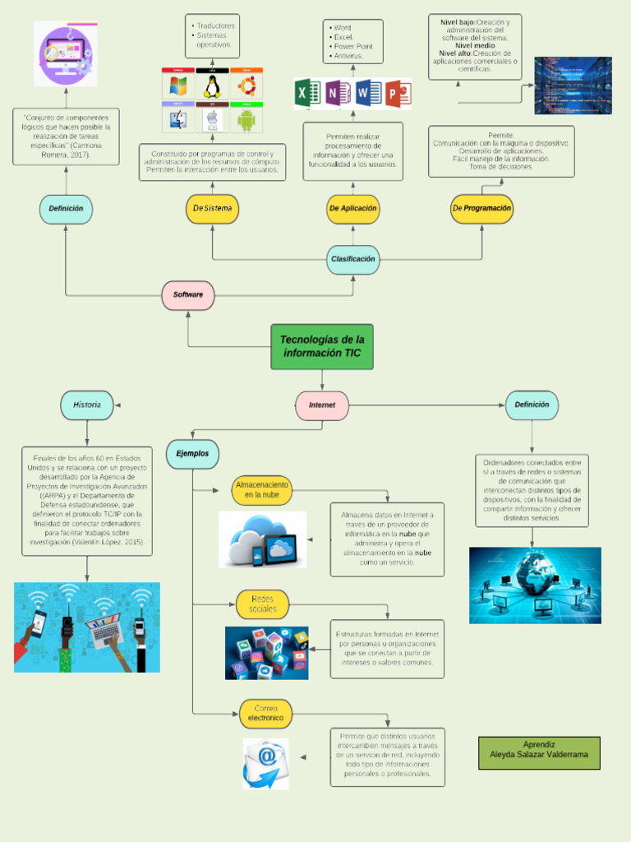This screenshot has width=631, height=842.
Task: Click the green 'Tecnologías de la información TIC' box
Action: [x=322, y=346]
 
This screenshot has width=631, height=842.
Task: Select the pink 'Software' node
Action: [x=188, y=295]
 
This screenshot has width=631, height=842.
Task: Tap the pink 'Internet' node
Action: [x=322, y=405]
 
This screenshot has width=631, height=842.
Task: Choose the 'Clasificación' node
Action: [x=353, y=259]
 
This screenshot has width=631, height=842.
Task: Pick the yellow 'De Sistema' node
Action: [x=213, y=209]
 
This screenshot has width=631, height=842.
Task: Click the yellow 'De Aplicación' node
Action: [x=353, y=209]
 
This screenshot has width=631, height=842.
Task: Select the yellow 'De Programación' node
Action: [x=481, y=209]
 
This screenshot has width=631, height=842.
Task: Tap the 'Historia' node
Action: [x=87, y=405]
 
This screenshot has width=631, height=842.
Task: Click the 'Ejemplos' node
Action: [x=192, y=453]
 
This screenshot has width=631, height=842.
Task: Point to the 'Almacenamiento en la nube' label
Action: [x=262, y=490]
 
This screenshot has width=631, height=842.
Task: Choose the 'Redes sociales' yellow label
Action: [x=262, y=604]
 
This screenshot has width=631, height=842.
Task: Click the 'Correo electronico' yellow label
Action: [x=266, y=713]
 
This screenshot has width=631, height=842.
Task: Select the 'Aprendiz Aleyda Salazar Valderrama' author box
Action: [x=539, y=753]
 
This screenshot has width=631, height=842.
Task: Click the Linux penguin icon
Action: [x=213, y=86]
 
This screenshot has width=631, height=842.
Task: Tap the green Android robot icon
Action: [x=246, y=120]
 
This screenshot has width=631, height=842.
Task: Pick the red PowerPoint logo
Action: [x=398, y=94]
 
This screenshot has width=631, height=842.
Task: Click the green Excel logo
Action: [x=304, y=94]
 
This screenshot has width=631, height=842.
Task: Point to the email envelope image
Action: [x=265, y=761]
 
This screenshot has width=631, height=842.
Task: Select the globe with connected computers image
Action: [x=535, y=585]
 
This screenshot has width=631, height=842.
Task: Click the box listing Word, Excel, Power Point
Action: [x=353, y=42]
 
